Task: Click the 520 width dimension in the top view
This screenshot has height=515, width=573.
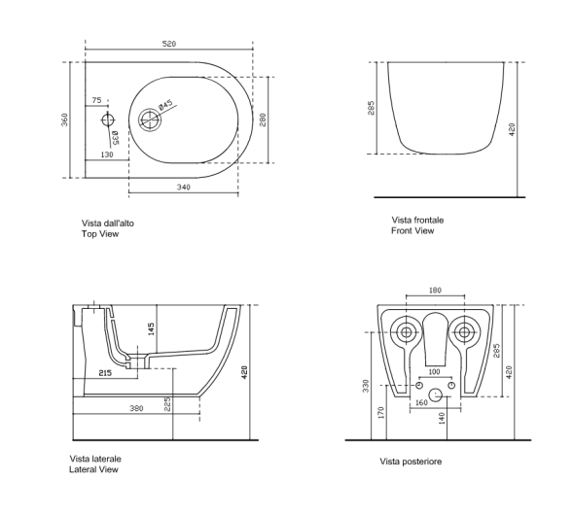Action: [x=169, y=44]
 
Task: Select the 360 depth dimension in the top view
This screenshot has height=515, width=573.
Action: [x=64, y=120]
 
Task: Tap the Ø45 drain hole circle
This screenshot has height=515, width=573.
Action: [x=150, y=120]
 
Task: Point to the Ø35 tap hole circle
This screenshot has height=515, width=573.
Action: [x=108, y=120]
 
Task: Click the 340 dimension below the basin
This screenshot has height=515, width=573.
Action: [x=184, y=188]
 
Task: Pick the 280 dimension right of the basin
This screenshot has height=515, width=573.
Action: [x=263, y=120]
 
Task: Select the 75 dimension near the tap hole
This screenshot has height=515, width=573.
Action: [x=96, y=100]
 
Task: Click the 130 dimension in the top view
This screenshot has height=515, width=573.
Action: [x=107, y=154]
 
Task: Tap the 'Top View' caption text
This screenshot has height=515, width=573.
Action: [x=100, y=234]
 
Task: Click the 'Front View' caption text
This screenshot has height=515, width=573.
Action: [x=412, y=230]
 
